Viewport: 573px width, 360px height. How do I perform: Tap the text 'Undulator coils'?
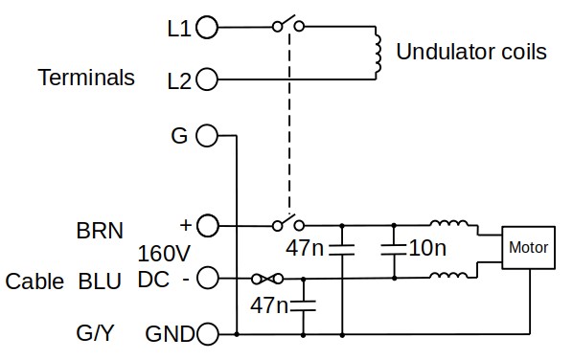coord(471,52)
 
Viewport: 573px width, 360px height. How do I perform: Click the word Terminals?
coord(86,78)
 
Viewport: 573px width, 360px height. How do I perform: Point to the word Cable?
coord(34,281)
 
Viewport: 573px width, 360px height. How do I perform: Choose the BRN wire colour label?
coord(100,231)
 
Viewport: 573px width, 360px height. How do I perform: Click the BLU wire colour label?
coord(100,281)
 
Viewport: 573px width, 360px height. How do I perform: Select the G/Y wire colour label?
coord(95,333)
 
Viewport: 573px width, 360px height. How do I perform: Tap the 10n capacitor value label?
coord(427,248)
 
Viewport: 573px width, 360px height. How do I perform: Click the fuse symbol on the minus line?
coord(267,279)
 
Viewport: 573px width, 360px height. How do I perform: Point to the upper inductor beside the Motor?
coord(448,223)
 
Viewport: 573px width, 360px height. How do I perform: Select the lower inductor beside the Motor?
coord(448,276)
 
